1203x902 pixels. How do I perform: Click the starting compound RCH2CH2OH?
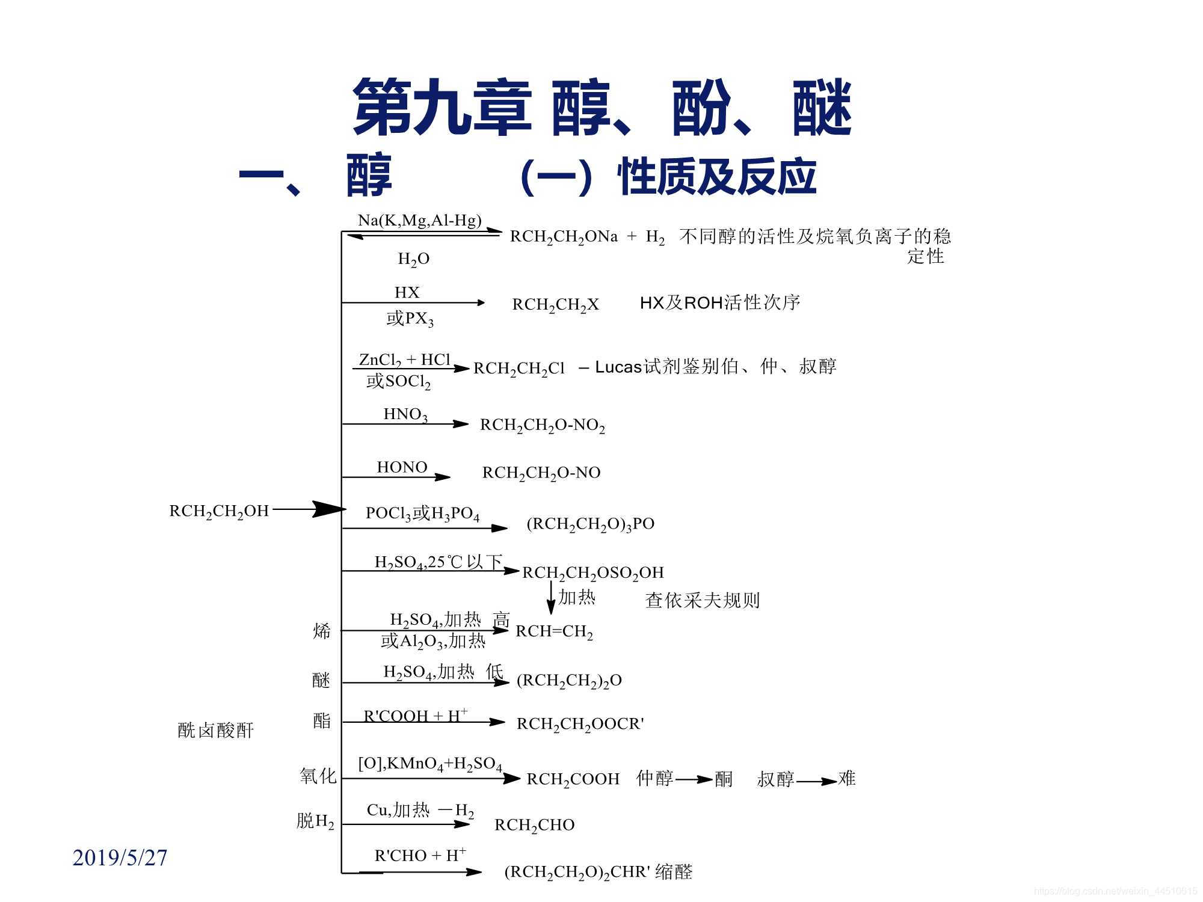(x=219, y=511)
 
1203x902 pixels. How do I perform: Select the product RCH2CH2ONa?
(x=564, y=237)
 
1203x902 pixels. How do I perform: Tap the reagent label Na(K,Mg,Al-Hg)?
(x=420, y=221)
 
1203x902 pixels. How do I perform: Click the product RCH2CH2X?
(x=555, y=305)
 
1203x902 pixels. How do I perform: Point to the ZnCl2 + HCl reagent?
(x=405, y=360)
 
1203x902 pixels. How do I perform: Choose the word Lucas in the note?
(x=618, y=367)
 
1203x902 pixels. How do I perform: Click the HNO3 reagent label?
(x=405, y=415)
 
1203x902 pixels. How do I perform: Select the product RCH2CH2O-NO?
(x=541, y=473)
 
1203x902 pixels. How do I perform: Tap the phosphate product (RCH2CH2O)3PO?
(x=590, y=524)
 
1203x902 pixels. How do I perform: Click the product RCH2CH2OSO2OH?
(x=592, y=573)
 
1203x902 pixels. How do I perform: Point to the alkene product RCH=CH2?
(x=554, y=632)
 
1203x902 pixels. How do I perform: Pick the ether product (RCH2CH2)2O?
(x=569, y=681)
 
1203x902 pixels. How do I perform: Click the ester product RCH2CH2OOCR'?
(x=580, y=724)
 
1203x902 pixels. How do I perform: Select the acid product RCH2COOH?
(x=573, y=779)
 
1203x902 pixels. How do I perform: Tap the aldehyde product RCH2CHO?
(x=534, y=825)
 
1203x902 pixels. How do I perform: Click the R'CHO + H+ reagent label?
(x=420, y=855)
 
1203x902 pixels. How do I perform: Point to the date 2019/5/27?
(x=120, y=858)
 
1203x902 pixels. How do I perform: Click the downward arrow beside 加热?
(x=550, y=598)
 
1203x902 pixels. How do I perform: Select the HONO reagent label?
(x=402, y=467)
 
